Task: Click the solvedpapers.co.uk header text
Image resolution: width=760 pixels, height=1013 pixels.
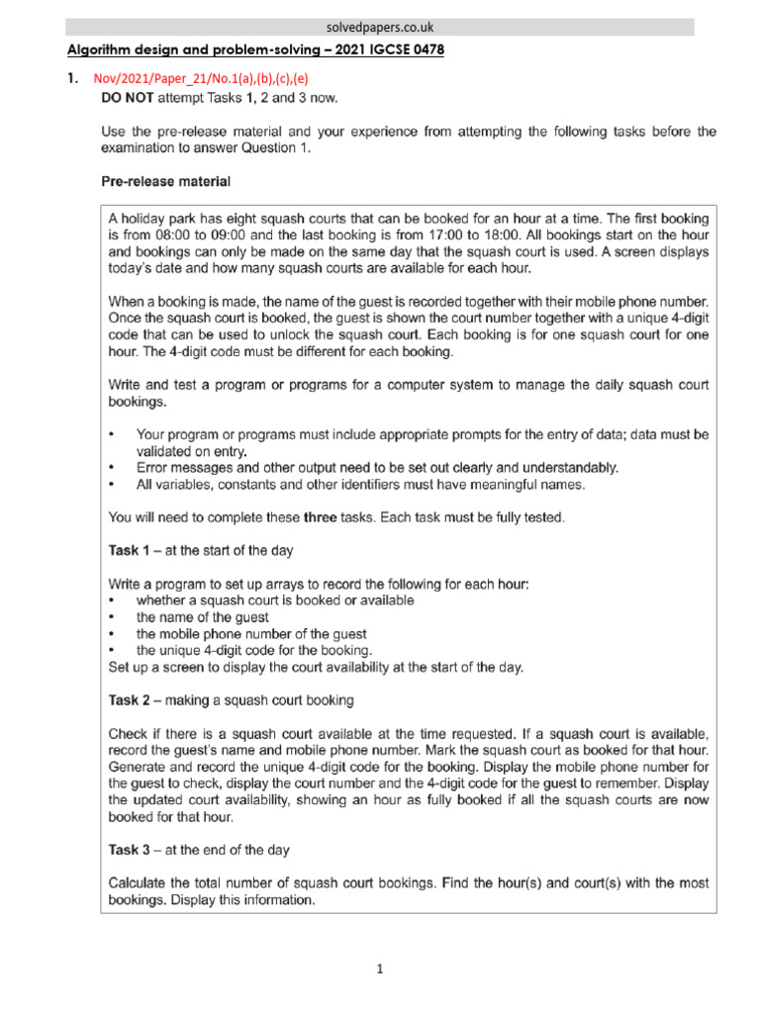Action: pyautogui.click(x=380, y=27)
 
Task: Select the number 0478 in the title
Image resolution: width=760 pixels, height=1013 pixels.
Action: pyautogui.click(x=426, y=50)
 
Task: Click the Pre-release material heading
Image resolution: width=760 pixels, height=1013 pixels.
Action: pyautogui.click(x=165, y=182)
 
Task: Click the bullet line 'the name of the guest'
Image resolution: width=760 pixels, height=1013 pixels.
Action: pyautogui.click(x=202, y=617)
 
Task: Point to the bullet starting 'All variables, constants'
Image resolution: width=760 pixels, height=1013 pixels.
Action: pyautogui.click(x=361, y=485)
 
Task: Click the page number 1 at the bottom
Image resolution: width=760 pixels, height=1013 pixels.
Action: pyautogui.click(x=380, y=970)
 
